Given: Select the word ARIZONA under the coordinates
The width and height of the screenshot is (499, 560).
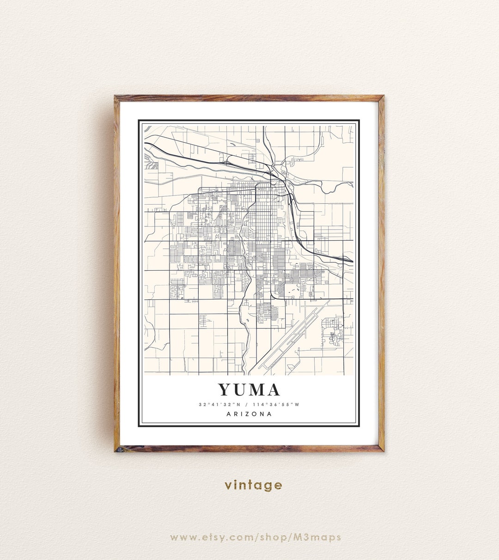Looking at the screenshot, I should pos(249,414).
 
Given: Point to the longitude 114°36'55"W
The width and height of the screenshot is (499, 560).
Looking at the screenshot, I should pos(276,405).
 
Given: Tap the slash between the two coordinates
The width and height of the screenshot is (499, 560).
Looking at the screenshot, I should pos(247,405).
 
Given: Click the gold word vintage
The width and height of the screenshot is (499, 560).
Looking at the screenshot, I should pos(253,485).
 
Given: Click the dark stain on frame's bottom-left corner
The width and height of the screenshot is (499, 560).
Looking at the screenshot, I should pos(119,449).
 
